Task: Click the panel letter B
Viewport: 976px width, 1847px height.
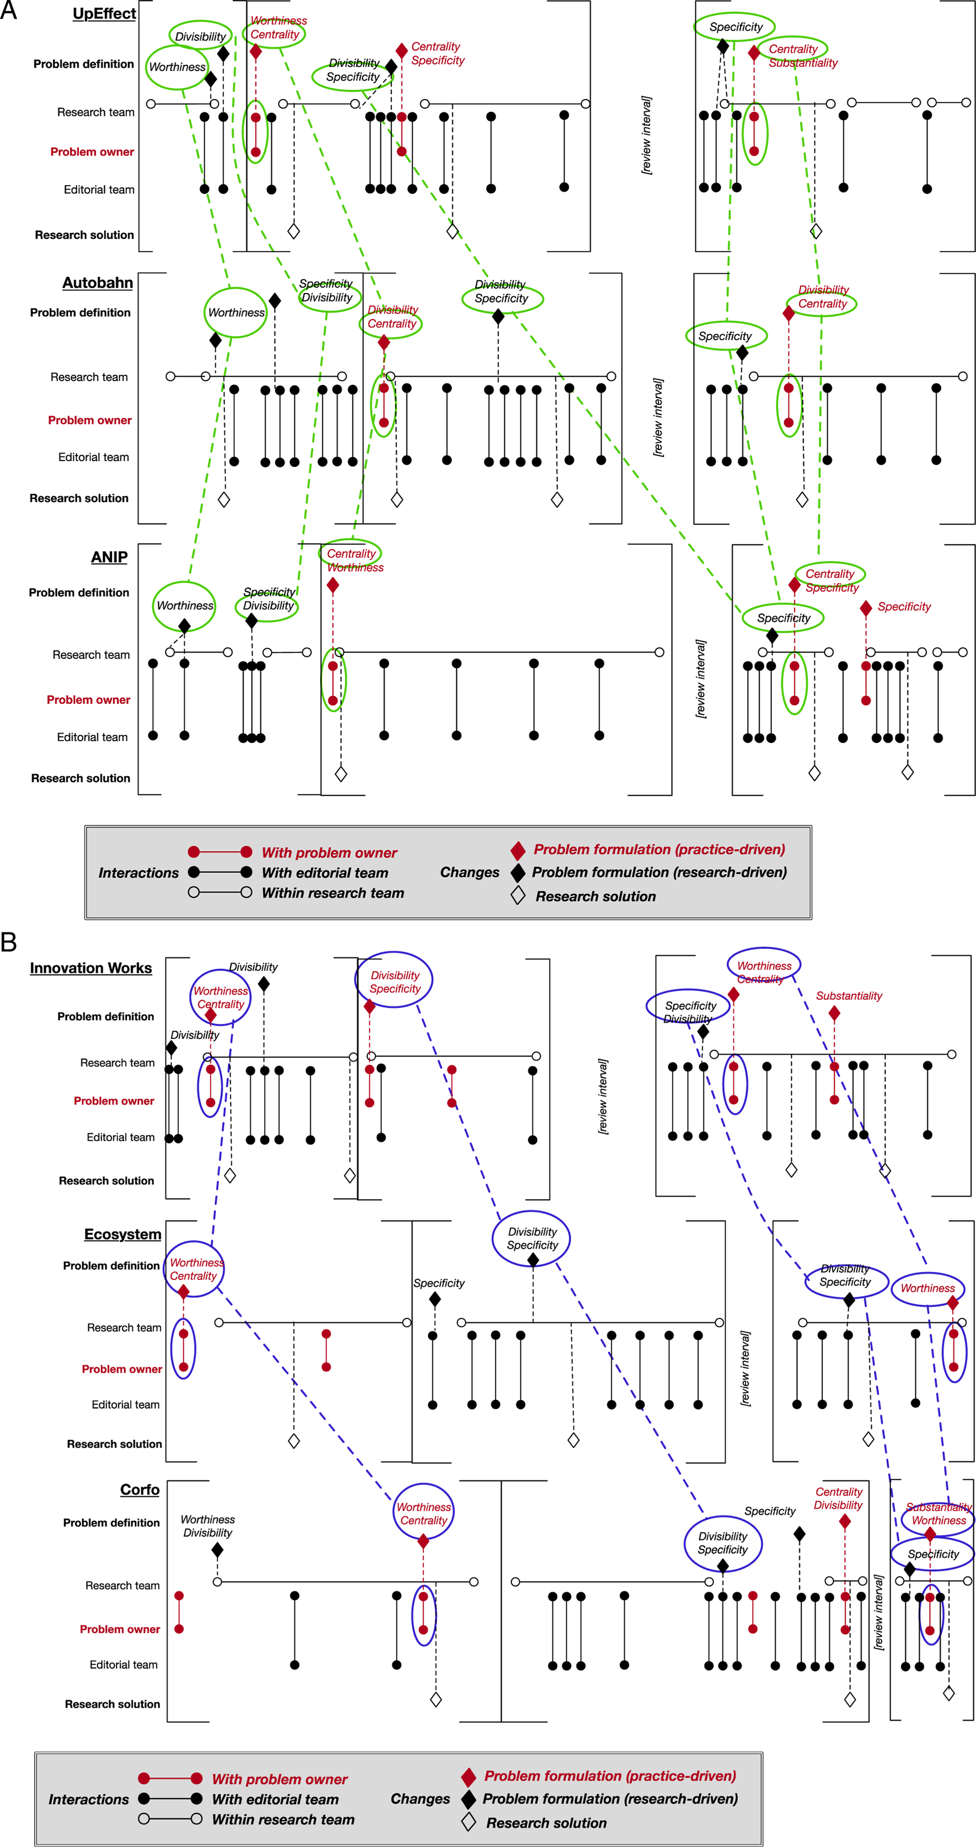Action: point(8,941)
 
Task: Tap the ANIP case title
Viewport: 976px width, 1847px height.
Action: point(109,557)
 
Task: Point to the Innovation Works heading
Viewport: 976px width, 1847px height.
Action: point(91,968)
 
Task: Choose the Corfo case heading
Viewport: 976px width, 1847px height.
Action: point(140,1489)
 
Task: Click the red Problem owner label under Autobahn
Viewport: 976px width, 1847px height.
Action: point(89,420)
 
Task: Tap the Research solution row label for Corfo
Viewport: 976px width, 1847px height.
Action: point(112,1704)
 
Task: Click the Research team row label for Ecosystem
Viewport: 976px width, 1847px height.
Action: point(124,1328)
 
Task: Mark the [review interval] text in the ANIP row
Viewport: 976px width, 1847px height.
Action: point(701,678)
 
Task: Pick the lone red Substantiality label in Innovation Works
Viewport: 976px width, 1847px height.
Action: point(849,996)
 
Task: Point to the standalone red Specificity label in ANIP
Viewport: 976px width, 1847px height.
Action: point(904,607)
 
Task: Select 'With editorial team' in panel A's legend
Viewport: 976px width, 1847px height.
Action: point(325,873)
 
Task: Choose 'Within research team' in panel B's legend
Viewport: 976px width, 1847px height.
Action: point(283,1819)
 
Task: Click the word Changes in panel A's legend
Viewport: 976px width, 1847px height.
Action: point(469,873)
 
